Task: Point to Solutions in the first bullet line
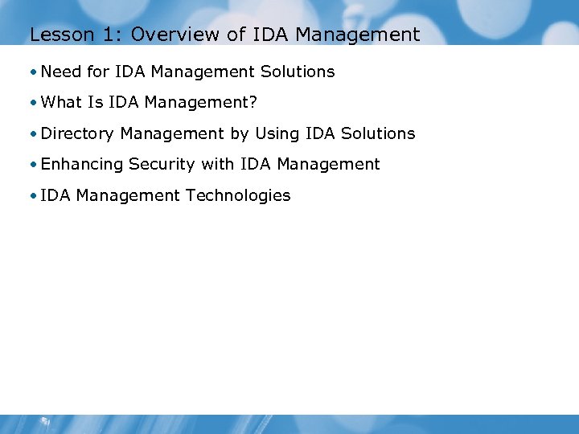tap(298, 72)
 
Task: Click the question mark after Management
tap(253, 102)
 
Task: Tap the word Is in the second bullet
tap(96, 102)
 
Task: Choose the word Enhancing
tap(81, 164)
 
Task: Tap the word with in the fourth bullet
tap(217, 164)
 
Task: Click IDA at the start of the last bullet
tap(55, 195)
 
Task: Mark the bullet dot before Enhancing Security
tap(35, 165)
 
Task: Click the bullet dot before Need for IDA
tap(35, 72)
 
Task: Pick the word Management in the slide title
tap(368, 35)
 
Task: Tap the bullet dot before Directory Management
tap(35, 134)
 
